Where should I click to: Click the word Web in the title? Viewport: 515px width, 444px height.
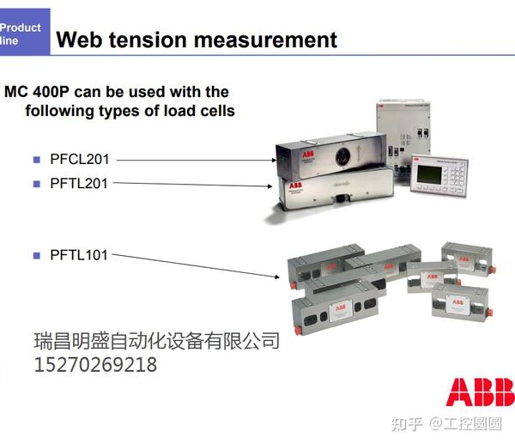(x=78, y=40)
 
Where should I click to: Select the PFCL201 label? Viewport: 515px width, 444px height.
(x=78, y=159)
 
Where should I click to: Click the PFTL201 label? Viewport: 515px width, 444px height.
(x=78, y=183)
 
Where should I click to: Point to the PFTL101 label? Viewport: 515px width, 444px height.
(x=78, y=255)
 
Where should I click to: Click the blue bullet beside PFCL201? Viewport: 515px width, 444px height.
(x=37, y=159)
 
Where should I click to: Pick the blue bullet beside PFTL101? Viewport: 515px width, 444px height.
(x=37, y=255)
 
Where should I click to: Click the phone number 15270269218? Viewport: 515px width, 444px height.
(x=95, y=365)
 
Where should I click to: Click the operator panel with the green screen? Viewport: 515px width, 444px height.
(x=439, y=176)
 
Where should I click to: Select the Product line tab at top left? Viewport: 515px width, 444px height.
(x=21, y=33)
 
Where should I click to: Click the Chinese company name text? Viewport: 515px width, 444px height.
(x=156, y=341)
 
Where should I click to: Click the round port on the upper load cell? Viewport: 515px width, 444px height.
(x=341, y=157)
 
